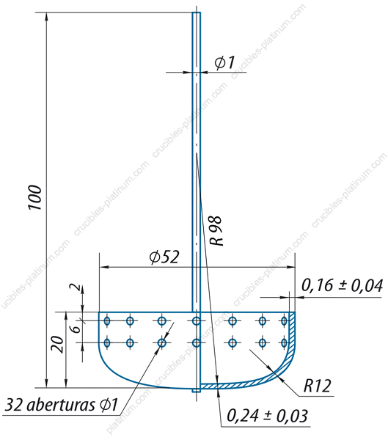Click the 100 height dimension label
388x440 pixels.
click(34, 197)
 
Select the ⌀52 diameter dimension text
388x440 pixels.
click(164, 257)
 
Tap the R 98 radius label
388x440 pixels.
click(217, 231)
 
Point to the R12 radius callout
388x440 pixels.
click(318, 386)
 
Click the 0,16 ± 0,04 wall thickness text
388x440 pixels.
click(342, 286)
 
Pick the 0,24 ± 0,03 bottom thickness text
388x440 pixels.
click(267, 416)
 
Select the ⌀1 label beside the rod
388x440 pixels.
click(224, 62)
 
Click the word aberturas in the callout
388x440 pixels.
click(62, 405)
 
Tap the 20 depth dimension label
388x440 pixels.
click(57, 344)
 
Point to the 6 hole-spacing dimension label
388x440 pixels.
click(76, 328)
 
